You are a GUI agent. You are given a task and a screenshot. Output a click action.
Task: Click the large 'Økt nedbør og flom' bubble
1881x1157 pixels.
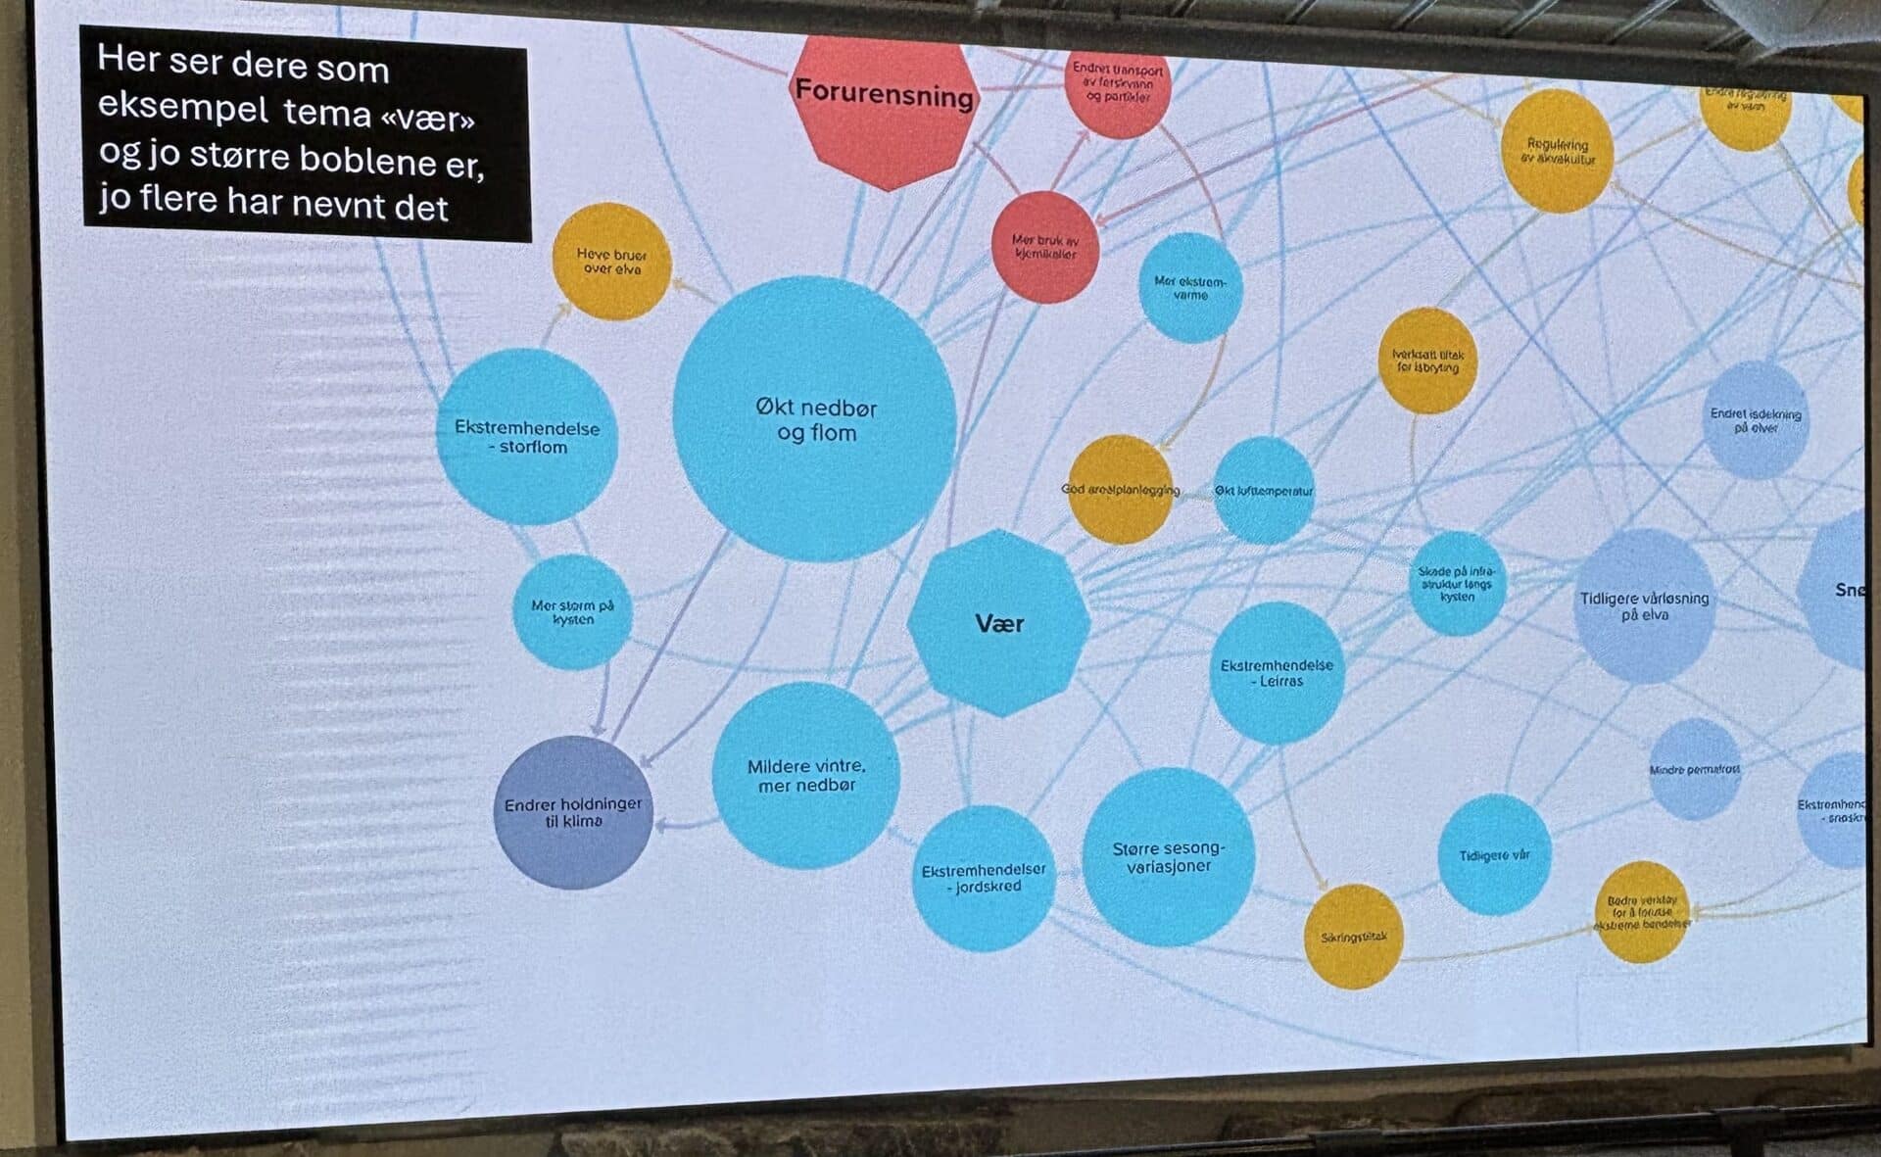[x=814, y=419]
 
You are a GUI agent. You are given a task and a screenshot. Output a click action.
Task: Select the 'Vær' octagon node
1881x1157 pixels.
[x=998, y=623]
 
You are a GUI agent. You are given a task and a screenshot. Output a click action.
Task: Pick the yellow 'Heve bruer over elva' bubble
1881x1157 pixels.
[x=611, y=261]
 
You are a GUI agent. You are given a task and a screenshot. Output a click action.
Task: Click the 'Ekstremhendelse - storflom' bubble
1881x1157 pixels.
[x=527, y=437]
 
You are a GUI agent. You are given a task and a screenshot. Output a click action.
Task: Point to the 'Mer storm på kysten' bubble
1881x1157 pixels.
[x=572, y=612]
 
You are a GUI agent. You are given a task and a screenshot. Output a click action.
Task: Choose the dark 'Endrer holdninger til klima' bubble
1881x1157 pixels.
[x=573, y=812]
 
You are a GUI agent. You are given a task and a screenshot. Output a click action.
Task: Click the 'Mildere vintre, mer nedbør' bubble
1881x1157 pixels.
[x=805, y=776]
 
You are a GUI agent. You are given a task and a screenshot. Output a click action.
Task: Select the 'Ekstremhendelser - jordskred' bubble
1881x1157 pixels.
[x=984, y=878]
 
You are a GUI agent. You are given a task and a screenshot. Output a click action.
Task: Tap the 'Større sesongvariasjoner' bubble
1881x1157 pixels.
[x=1168, y=857]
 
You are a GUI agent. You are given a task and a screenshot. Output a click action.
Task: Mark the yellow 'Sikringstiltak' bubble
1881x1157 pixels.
[x=1353, y=937]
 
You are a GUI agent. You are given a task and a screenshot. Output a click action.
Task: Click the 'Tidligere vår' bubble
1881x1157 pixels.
[x=1494, y=855]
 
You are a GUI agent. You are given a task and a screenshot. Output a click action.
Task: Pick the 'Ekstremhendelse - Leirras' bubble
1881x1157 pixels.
[x=1277, y=672]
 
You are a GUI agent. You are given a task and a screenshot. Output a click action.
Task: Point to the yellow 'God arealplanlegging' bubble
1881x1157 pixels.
[x=1120, y=489]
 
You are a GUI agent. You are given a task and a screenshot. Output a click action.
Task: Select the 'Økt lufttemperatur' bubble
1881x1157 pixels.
[x=1264, y=491]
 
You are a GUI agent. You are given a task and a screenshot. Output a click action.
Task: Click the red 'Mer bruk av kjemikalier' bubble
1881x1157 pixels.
[x=1044, y=247]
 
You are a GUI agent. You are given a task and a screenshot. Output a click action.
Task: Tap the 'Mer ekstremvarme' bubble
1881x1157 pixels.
[x=1190, y=287]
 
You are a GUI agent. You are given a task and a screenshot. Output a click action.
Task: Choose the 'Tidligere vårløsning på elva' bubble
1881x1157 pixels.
[x=1644, y=606]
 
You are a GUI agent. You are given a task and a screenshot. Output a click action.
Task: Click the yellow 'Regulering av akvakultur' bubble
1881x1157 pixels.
[x=1557, y=151]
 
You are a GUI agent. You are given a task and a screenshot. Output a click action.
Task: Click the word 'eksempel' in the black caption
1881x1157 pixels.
[x=183, y=108]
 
